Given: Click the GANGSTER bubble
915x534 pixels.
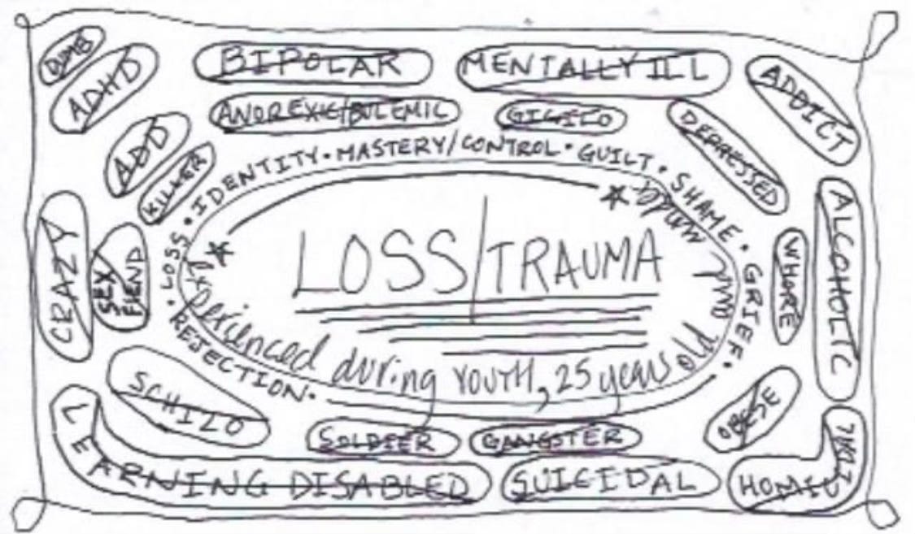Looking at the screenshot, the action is tap(553, 440).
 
